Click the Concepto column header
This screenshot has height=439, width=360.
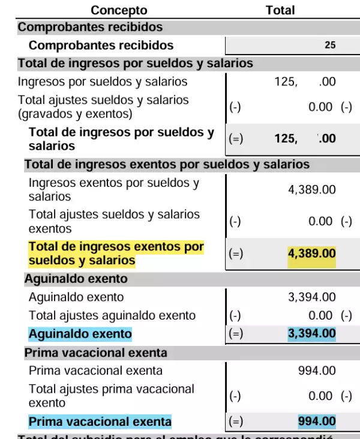(119, 10)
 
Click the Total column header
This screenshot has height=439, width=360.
(280, 10)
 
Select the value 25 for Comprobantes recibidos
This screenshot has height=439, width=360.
(330, 45)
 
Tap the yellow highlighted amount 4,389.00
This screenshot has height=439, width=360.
(311, 253)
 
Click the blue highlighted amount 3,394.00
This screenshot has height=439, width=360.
(311, 333)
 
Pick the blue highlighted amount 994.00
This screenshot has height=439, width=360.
(317, 421)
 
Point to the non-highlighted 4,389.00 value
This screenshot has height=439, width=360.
(311, 190)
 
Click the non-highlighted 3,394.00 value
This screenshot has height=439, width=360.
(311, 297)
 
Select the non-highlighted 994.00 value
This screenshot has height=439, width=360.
(317, 371)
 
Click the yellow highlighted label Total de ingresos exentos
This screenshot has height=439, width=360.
(116, 253)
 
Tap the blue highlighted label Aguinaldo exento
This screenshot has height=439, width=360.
(80, 334)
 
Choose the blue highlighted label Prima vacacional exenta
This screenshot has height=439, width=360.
(100, 422)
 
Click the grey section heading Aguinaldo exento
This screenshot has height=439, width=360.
(76, 279)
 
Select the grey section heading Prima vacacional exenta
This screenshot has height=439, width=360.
(95, 353)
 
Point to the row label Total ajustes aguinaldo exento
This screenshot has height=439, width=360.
(112, 315)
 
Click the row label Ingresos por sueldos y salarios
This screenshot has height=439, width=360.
(103, 82)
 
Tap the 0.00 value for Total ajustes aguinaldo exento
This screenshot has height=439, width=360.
(320, 315)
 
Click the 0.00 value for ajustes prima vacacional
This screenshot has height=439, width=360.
(320, 396)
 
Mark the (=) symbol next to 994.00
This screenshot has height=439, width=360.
(236, 422)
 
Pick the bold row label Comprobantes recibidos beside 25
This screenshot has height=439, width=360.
(101, 45)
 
